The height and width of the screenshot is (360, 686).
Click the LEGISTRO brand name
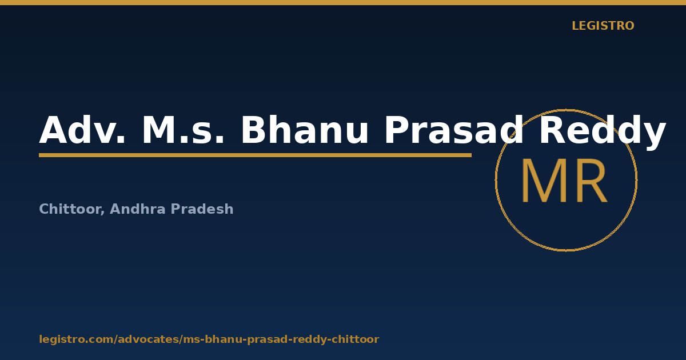point(603,26)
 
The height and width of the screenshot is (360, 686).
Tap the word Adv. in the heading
point(82,130)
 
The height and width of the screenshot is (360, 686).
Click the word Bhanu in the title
point(305,130)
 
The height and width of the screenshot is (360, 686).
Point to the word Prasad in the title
point(454,130)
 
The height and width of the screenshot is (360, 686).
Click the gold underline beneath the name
point(255,155)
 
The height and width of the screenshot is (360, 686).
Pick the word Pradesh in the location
point(202,209)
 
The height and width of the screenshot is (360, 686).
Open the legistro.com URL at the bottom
point(209,339)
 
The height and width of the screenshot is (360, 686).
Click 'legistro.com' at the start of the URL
point(77,339)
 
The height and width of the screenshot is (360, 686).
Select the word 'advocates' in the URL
point(149,339)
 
